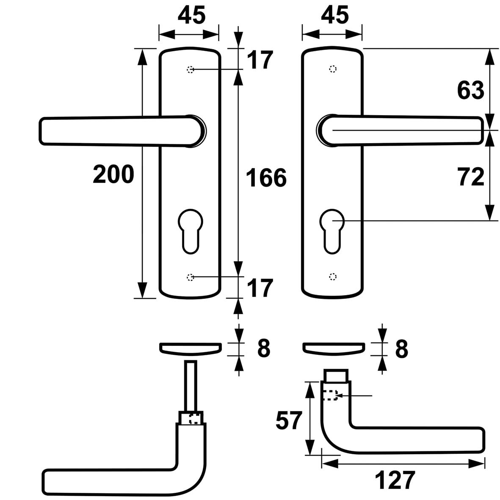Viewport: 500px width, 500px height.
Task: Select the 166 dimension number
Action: (x=266, y=177)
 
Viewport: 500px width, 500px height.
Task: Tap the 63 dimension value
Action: (x=470, y=90)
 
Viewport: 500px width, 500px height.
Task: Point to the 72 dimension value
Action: (x=470, y=177)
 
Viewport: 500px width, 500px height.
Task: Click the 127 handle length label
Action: (x=395, y=481)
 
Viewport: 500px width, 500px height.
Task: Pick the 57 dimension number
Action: (x=290, y=421)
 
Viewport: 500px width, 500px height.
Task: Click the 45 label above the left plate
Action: (x=191, y=16)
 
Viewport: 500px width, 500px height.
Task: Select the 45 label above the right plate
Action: (x=334, y=16)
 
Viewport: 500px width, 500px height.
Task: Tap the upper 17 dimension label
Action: (x=260, y=60)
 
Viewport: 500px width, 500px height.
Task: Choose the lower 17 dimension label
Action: (x=260, y=288)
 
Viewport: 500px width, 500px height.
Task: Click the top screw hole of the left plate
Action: (x=190, y=69)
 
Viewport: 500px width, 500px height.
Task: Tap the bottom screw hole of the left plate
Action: (x=190, y=277)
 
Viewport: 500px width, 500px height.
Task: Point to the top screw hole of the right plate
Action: (x=333, y=69)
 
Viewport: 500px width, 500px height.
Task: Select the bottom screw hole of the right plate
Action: (x=333, y=276)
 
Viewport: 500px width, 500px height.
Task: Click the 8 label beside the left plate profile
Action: (x=263, y=349)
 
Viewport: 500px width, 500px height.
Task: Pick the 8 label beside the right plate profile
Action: (x=401, y=349)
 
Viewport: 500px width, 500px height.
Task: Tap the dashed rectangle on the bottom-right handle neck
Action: (x=330, y=395)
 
